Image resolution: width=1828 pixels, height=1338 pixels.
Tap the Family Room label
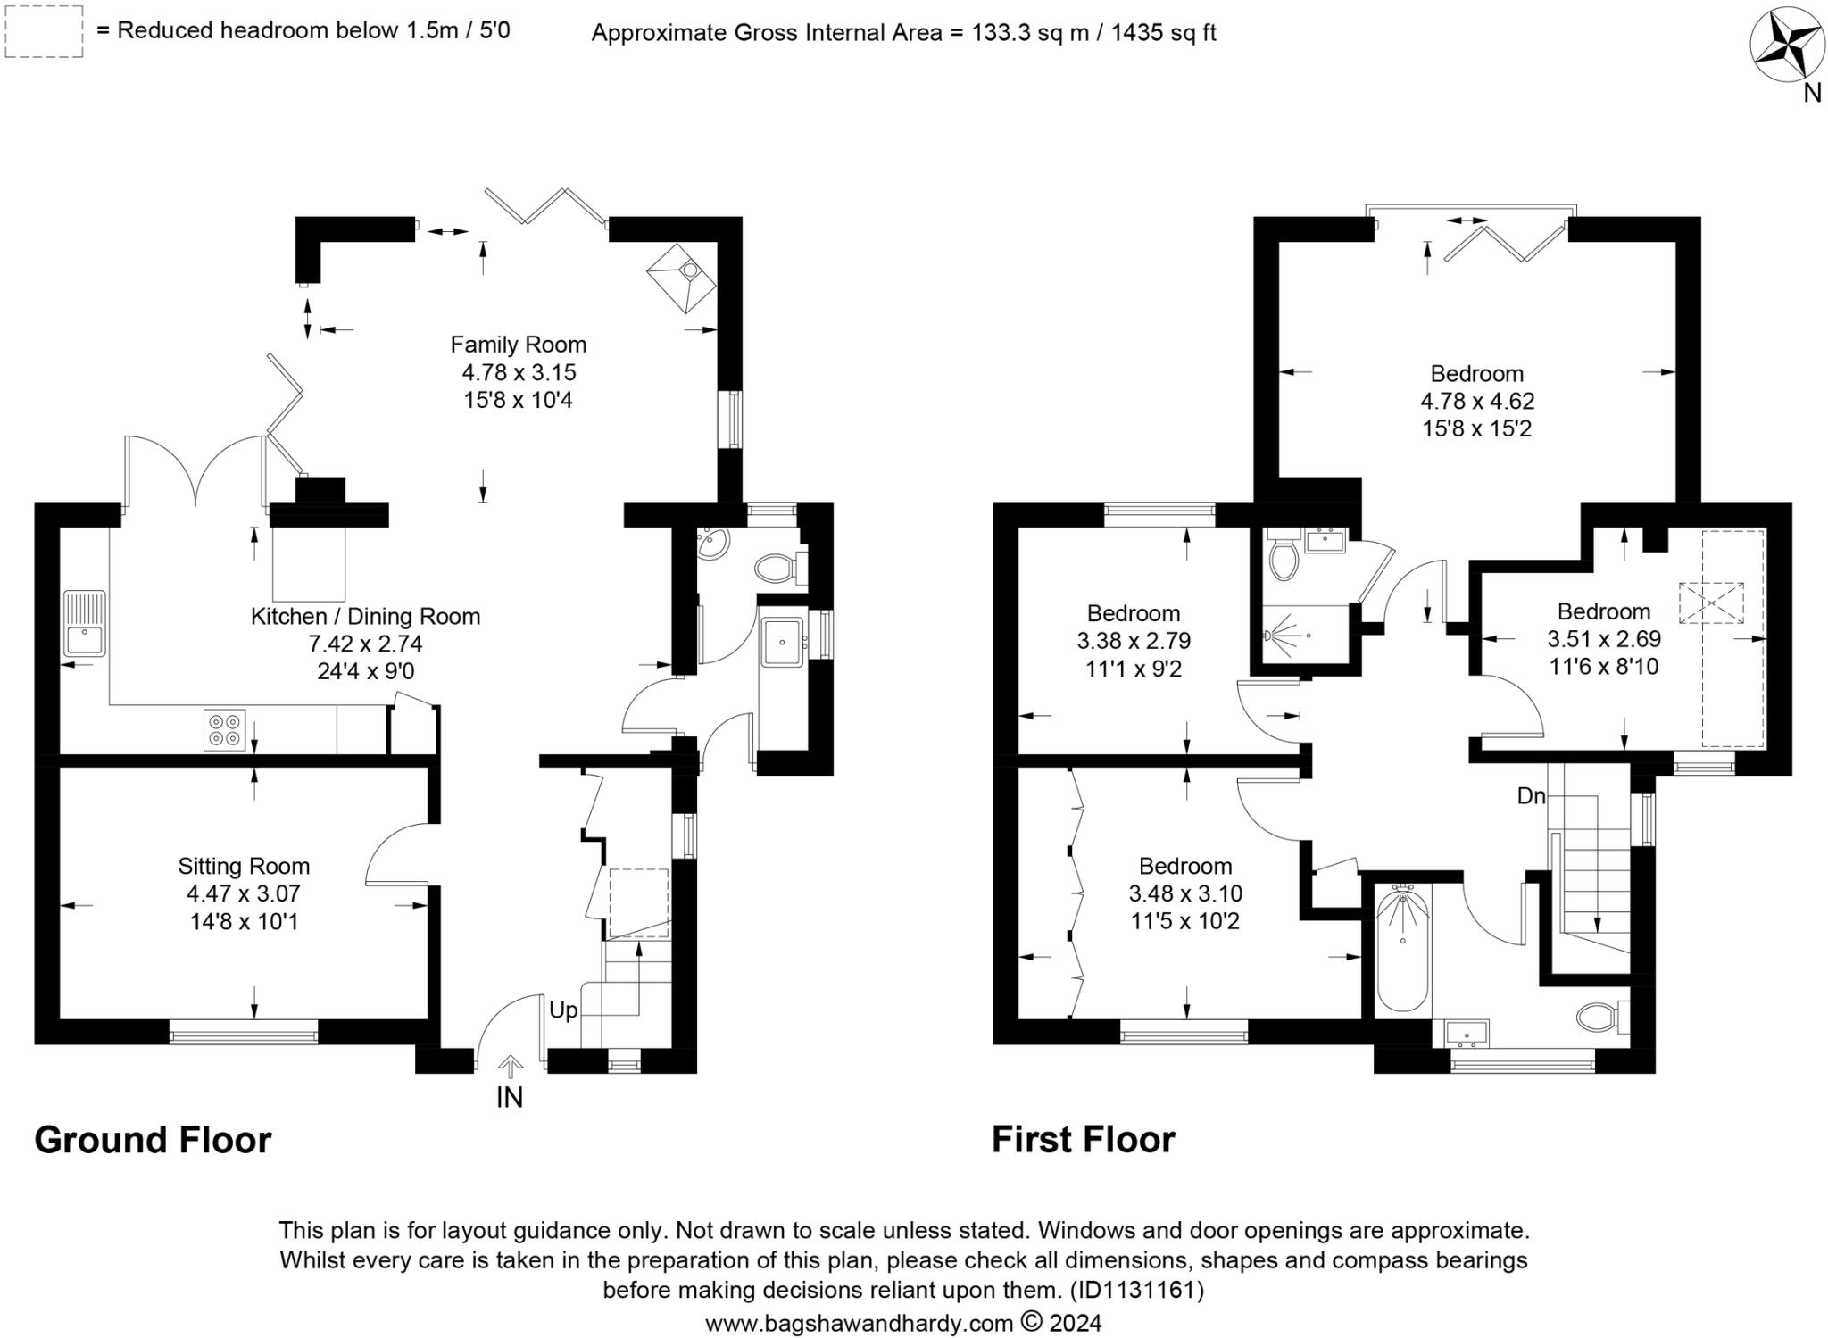518,345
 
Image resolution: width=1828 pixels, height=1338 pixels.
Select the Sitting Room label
244,866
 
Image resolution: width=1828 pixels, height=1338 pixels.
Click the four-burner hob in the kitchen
224,728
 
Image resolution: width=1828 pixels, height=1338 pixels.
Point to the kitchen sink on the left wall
84,624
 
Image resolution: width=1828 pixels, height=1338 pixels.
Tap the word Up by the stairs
563,1010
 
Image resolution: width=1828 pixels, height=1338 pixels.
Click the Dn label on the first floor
1531,796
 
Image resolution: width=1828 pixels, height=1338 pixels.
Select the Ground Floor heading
153,1141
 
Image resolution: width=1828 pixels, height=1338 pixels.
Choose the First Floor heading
1084,1141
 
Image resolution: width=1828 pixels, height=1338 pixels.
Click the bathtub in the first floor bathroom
1402,948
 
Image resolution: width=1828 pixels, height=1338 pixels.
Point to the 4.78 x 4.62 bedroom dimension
1476,401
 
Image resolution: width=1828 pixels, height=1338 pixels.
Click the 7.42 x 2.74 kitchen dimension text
365,644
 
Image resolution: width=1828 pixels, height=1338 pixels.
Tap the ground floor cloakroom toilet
776,567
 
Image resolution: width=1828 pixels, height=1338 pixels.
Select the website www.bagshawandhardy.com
859,1323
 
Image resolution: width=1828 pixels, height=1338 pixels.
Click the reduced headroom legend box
44,32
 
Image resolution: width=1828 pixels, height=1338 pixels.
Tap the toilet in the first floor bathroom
1603,1016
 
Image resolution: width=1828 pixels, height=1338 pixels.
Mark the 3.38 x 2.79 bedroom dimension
1134,641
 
